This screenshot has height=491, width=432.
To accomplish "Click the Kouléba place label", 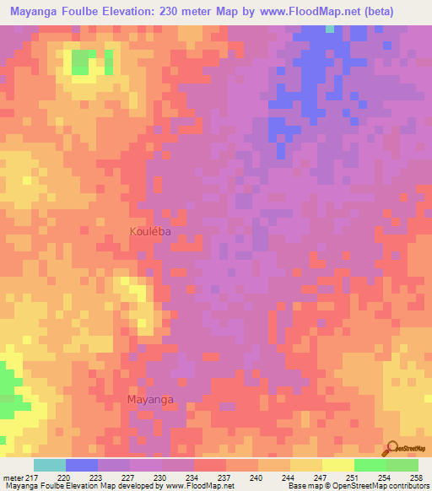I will [x=152, y=231].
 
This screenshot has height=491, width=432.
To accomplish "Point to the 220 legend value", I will [x=64, y=478].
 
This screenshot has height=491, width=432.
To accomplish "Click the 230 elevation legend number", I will [x=160, y=478].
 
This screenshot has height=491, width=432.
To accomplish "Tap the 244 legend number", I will [x=289, y=478].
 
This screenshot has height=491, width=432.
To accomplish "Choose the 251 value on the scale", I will [x=353, y=478].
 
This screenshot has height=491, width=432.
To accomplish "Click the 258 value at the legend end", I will [x=417, y=478].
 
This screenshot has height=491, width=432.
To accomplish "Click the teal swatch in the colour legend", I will [x=50, y=465].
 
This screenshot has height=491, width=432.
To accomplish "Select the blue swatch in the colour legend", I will [x=82, y=465].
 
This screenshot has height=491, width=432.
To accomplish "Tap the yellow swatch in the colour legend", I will [x=338, y=465].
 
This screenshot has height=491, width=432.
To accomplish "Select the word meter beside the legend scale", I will [x=12, y=478].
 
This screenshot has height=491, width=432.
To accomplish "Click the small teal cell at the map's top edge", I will [x=330, y=29].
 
